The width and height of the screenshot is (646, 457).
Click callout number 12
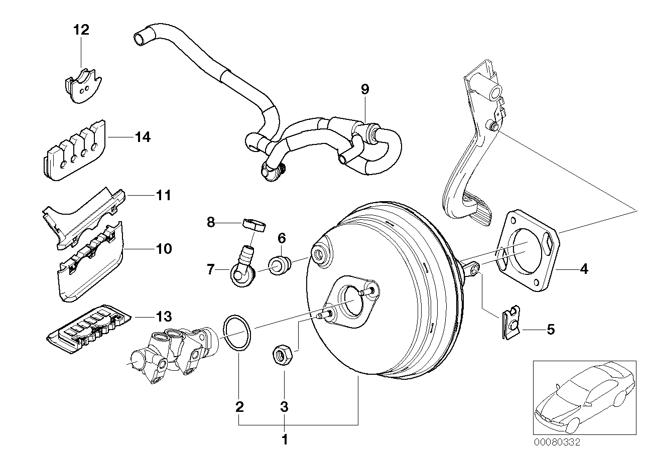(x=81, y=30)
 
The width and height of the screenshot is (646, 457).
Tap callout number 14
(x=143, y=137)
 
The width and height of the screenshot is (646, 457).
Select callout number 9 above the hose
(x=365, y=89)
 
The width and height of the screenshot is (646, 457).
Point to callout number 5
(x=551, y=330)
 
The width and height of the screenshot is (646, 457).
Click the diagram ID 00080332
(x=557, y=442)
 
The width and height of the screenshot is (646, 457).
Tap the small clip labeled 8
(x=254, y=224)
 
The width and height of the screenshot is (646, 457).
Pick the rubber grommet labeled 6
(x=280, y=265)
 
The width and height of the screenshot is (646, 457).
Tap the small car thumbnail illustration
(x=580, y=396)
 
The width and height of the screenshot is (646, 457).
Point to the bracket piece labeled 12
(x=82, y=85)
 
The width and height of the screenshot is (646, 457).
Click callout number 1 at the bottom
(x=285, y=440)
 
